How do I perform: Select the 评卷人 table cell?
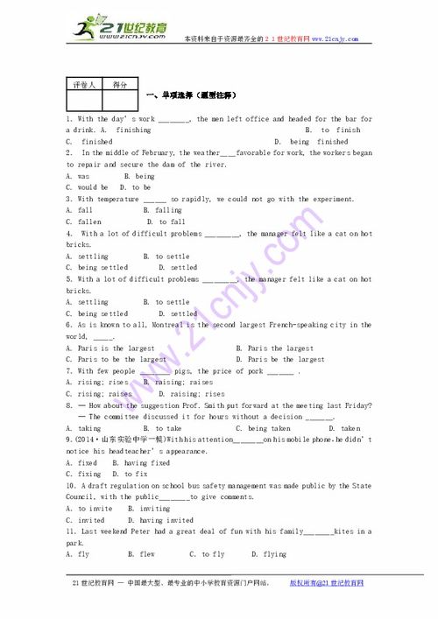pyautogui.click(x=84, y=85)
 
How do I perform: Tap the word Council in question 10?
pyautogui.click(x=85, y=496)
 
